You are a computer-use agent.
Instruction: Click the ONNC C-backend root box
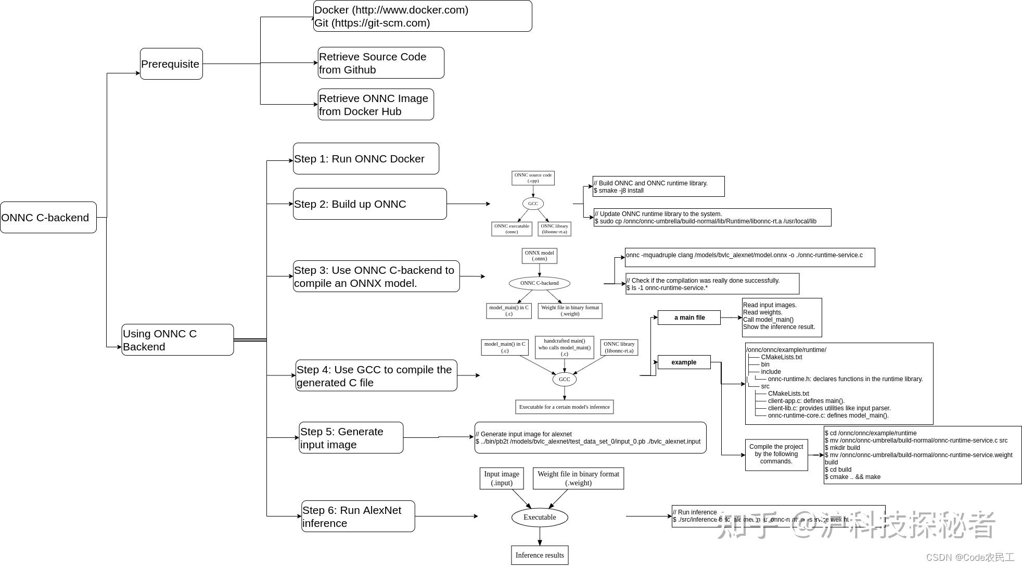click(x=48, y=217)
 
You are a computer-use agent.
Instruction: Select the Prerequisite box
click(x=171, y=64)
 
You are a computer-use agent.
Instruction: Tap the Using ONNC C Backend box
click(x=177, y=339)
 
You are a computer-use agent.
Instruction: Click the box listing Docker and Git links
click(x=422, y=16)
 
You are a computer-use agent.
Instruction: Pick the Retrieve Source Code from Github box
click(x=381, y=62)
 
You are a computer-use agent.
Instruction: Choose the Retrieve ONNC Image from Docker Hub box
click(x=376, y=104)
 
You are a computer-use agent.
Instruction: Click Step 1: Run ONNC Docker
click(x=366, y=158)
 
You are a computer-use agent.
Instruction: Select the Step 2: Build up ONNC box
click(x=369, y=204)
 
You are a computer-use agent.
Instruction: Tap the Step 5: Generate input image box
click(x=351, y=437)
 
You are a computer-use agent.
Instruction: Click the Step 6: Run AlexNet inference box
click(x=358, y=516)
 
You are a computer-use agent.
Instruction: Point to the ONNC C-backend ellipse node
click(x=539, y=283)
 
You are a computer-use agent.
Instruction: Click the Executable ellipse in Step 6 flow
click(x=539, y=517)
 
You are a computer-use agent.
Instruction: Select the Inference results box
click(x=539, y=555)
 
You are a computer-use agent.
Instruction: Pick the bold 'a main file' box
click(x=689, y=318)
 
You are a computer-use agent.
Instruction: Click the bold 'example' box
click(x=684, y=362)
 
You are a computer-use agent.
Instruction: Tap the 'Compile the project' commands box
click(x=776, y=455)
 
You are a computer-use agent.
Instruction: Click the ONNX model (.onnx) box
click(x=539, y=256)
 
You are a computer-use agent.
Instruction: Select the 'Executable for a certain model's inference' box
click(x=564, y=407)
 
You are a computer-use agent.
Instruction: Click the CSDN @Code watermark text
click(x=970, y=557)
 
